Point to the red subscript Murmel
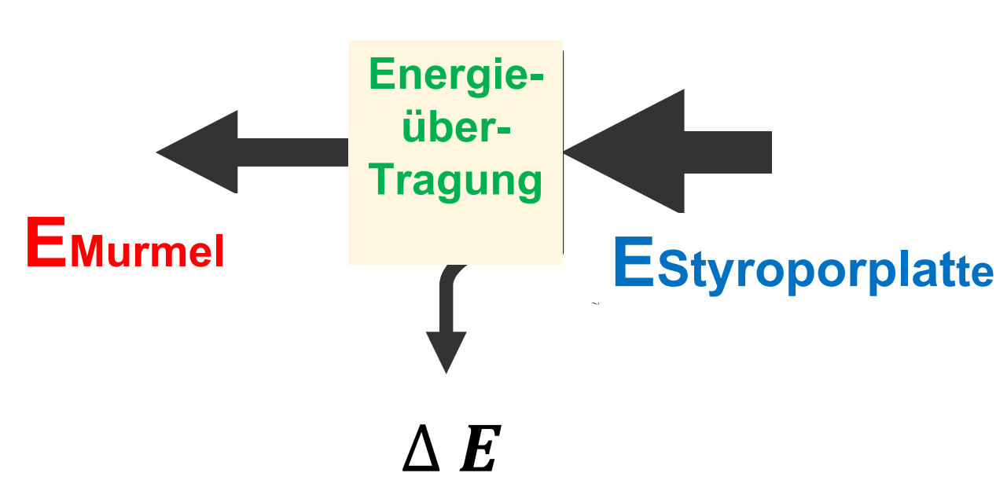(x=147, y=252)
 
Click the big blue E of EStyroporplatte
(x=633, y=264)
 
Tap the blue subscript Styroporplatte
(x=825, y=273)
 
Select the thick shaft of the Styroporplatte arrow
(x=727, y=152)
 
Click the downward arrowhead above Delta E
(x=446, y=350)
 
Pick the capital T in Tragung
(x=380, y=180)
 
